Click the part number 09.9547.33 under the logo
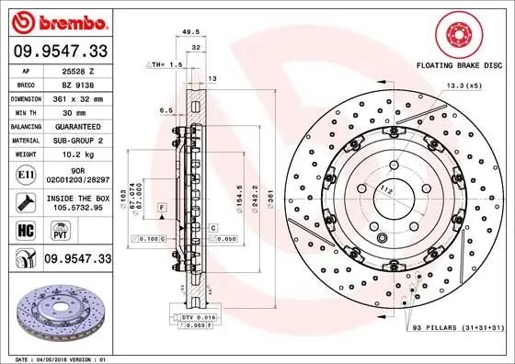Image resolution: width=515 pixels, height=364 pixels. tap(59, 51)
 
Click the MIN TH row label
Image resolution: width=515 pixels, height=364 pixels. tap(25, 112)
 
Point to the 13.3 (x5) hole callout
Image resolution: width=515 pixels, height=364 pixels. tap(463, 85)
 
